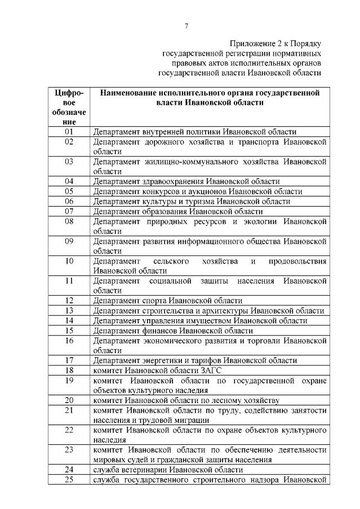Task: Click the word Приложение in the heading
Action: point(253,44)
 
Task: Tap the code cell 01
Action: point(69,131)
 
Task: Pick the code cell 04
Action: point(69,181)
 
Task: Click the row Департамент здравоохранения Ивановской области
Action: point(186,181)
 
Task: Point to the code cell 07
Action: point(69,211)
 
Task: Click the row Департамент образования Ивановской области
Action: point(177,211)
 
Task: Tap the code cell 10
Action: point(69,261)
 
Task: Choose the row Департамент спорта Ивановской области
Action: point(167,301)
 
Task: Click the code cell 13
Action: point(69,311)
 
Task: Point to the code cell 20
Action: point(69,400)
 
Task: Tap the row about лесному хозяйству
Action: point(186,400)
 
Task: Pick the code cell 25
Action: point(69,480)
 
